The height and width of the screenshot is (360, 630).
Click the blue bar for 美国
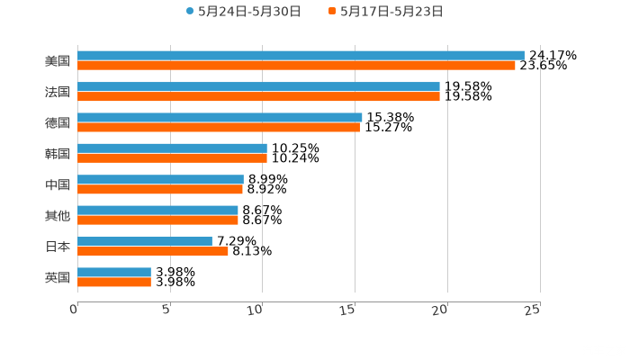pos(301,56)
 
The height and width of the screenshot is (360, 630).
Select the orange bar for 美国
pos(296,66)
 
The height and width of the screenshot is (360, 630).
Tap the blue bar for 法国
pos(258,86)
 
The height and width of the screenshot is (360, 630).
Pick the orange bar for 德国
pos(219,127)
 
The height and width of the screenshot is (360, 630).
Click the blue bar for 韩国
pos(172,148)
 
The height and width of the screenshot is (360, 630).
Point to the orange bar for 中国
pos(160,189)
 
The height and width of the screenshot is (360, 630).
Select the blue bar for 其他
pos(157,210)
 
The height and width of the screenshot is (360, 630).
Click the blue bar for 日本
pos(145,240)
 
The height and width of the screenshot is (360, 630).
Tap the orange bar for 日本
pos(153,251)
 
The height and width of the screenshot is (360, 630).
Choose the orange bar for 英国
pos(114,282)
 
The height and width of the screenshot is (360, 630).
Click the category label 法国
pos(58,92)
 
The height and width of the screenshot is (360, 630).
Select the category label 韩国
pos(58,153)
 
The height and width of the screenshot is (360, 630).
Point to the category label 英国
pos(58,277)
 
